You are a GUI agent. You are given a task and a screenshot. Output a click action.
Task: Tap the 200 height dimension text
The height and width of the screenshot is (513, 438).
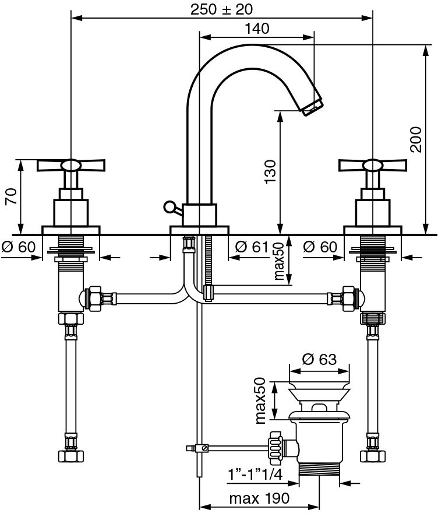pyautogui.click(x=416, y=139)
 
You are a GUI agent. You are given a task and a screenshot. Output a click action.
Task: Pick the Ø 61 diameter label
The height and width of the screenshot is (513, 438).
pyautogui.click(x=251, y=247)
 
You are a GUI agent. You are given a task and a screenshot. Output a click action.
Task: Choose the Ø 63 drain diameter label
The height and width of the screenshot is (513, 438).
pyautogui.click(x=320, y=360)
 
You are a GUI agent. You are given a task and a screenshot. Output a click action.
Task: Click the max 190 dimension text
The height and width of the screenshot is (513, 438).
pyautogui.click(x=259, y=498)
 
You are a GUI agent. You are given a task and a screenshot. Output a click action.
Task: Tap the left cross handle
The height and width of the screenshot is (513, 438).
pyautogui.click(x=70, y=166)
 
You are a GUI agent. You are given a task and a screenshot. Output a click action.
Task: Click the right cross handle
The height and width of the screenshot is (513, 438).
pyautogui.click(x=372, y=166)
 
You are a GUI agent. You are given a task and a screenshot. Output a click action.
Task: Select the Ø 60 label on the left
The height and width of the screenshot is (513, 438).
pyautogui.click(x=19, y=247)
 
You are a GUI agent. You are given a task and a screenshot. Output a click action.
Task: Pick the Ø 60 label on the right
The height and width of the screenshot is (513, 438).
pyautogui.click(x=320, y=247)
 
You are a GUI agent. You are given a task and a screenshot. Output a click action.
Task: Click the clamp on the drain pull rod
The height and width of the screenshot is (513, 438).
pyautogui.click(x=202, y=448)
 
